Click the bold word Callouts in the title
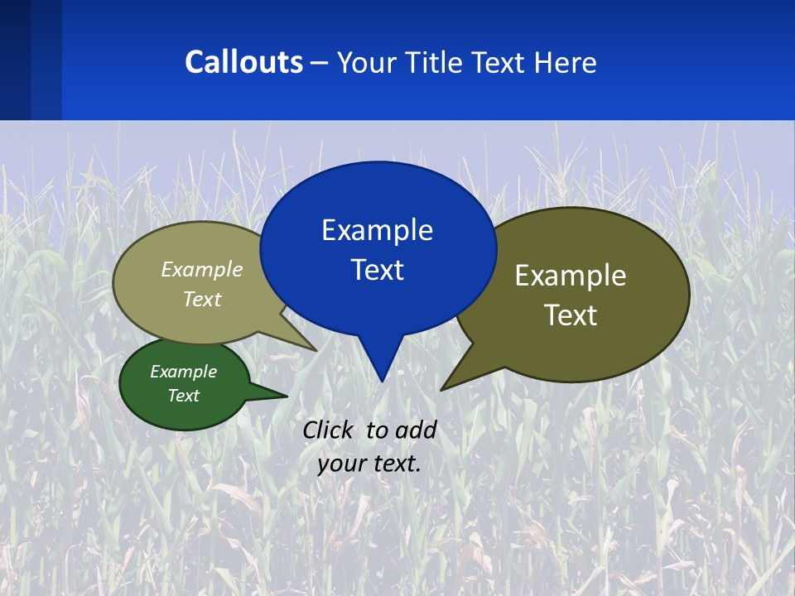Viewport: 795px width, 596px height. [243, 62]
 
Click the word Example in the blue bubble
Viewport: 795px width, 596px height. [377, 230]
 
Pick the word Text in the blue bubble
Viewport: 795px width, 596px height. [377, 270]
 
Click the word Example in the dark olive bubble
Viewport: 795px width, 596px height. [571, 276]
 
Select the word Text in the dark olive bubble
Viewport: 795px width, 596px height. [571, 315]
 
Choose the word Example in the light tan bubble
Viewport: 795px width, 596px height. [202, 270]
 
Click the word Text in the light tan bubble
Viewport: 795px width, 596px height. [202, 299]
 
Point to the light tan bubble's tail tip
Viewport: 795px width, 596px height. [315, 349]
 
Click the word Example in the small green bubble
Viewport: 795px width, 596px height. [183, 372]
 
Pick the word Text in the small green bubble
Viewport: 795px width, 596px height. [183, 396]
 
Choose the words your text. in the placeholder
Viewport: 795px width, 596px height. [369, 464]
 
